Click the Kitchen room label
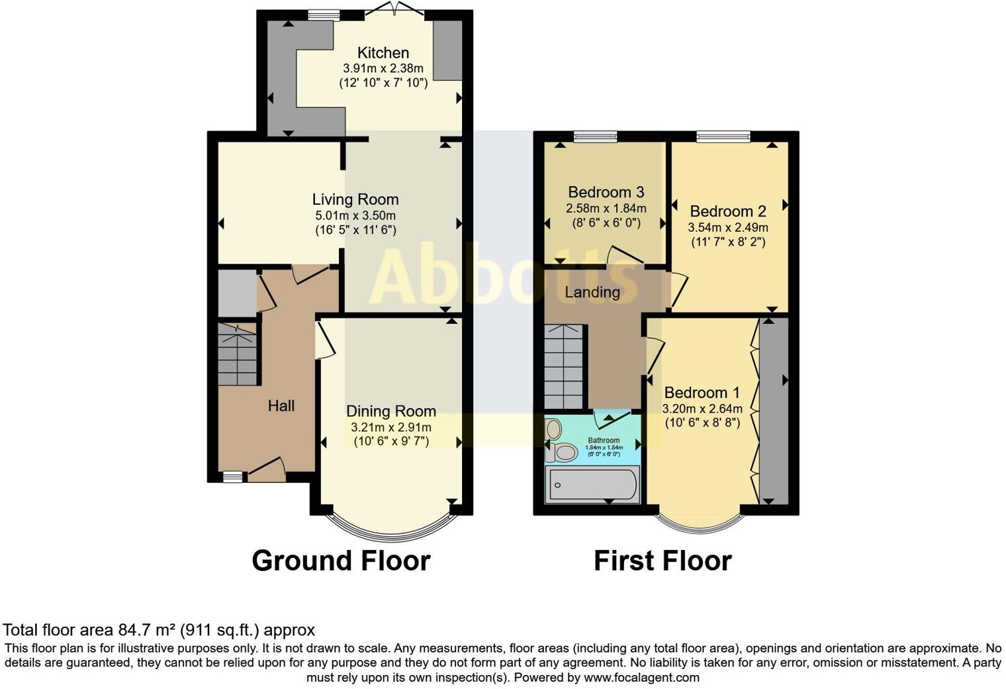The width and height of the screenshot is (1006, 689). point(383,53)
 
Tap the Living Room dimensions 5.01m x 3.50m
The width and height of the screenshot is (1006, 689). point(355,215)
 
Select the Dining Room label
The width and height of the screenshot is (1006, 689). point(390,411)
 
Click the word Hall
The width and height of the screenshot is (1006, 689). point(281,405)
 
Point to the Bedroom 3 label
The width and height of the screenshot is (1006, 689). point(606,192)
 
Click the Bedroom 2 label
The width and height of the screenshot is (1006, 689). point(728,211)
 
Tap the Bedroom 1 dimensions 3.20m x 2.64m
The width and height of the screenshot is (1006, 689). point(702,409)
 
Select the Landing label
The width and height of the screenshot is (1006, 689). point(592,291)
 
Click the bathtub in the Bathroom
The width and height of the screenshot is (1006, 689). point(592,484)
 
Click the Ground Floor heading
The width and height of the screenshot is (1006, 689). point(341,560)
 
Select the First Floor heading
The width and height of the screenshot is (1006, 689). point(663,560)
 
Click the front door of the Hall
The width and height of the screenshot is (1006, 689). point(266,471)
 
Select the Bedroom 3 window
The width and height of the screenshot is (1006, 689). point(595,137)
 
